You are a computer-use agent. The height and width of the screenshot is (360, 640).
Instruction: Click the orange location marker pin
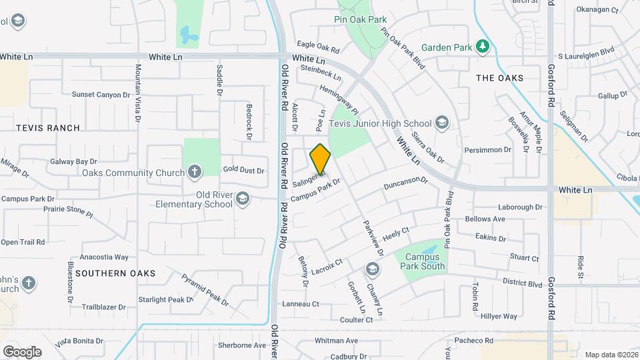pyautogui.click(x=320, y=159)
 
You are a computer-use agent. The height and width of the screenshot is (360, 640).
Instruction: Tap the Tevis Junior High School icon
pyautogui.click(x=441, y=123)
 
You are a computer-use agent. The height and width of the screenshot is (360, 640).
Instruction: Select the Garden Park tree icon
pyautogui.click(x=483, y=47)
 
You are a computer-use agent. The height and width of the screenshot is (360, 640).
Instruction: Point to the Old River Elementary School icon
pyautogui.click(x=243, y=199)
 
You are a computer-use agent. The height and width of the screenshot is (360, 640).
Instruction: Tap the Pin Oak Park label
pyautogui.click(x=360, y=19)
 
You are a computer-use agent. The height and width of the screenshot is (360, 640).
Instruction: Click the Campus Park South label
pyautogui.click(x=422, y=261)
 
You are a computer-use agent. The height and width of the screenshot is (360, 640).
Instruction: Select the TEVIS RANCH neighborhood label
pyautogui.click(x=48, y=127)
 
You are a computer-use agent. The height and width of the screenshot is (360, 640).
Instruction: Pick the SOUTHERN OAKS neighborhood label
pyautogui.click(x=115, y=273)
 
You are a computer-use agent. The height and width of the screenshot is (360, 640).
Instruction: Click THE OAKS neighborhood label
pyautogui.click(x=499, y=78)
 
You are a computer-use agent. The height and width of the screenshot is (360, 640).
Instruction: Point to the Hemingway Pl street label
pyautogui.click(x=339, y=99)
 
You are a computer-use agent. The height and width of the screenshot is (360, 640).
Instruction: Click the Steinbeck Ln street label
pyautogui.click(x=321, y=73)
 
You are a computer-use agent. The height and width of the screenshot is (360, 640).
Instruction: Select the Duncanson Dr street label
pyautogui.click(x=405, y=184)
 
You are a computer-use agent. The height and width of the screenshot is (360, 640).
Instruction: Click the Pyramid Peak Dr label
pyautogui.click(x=205, y=289)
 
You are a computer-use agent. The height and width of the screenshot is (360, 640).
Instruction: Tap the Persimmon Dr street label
pyautogui.click(x=487, y=150)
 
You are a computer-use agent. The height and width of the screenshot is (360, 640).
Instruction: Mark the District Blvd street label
pyautogui.click(x=523, y=283)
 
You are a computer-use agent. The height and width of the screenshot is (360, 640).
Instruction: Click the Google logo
pyautogui.click(x=22, y=351)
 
